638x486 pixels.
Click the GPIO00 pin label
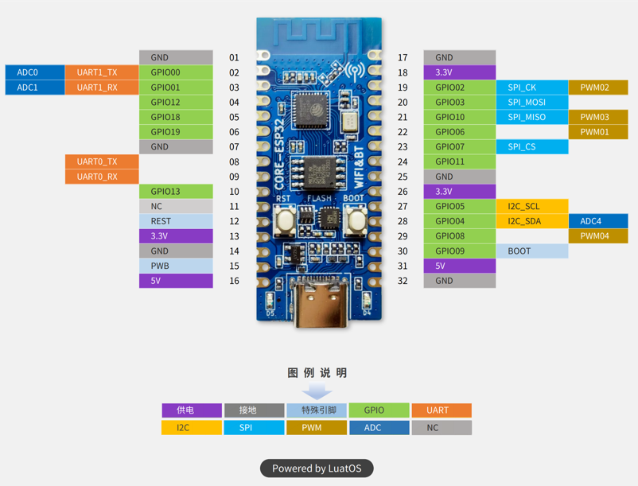[x=176, y=72]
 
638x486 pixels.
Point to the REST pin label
[x=176, y=221]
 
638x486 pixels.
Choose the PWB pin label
[x=176, y=266]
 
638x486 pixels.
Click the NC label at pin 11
[x=176, y=206]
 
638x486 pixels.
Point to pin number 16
[x=234, y=281]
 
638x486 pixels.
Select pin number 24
[x=403, y=162]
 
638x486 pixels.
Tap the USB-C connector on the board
[x=319, y=306]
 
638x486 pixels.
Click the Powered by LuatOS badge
[x=317, y=469]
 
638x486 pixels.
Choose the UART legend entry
[x=441, y=410]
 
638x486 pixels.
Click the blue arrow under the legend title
[x=317, y=392]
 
